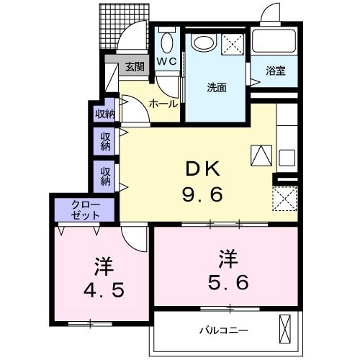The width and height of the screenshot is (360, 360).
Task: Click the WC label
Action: tap(167, 62)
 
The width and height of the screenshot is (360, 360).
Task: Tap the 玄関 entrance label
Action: tap(133, 67)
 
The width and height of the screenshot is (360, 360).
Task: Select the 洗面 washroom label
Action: tap(217, 88)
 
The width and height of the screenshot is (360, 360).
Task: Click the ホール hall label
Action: tap(163, 104)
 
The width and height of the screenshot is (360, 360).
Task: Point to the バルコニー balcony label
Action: tap(223, 330)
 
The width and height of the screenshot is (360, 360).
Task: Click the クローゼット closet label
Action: tap(86, 210)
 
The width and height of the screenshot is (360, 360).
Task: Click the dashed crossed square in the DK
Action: tap(285, 197)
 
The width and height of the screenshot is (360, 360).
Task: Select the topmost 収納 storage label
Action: tap(105, 114)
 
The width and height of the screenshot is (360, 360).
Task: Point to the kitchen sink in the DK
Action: tap(287, 156)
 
